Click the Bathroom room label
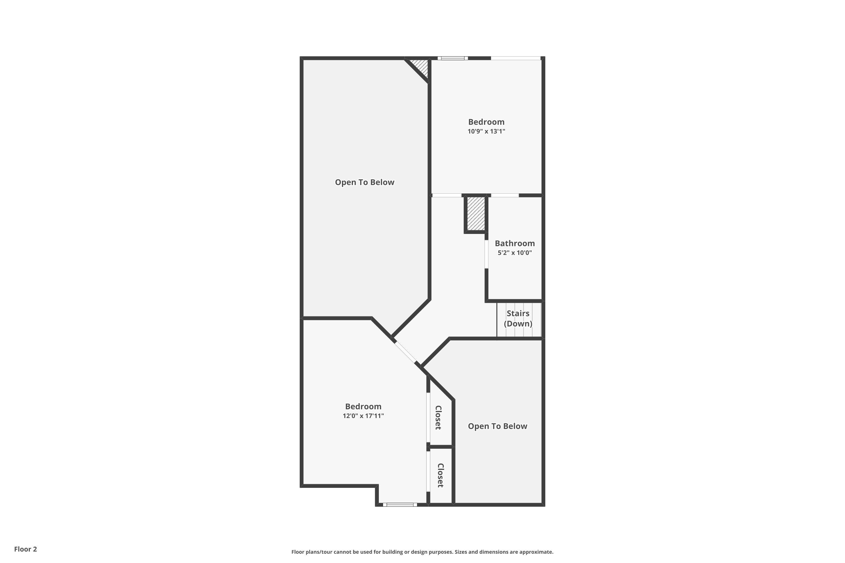point(515,243)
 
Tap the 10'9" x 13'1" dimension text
point(486,131)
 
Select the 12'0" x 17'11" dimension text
point(363,416)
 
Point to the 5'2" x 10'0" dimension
point(515,253)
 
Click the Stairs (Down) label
point(518,318)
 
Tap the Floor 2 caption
point(26,549)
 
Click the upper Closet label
point(438,417)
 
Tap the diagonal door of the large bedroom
point(406,352)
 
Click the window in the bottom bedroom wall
point(400,504)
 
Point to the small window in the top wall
point(452,58)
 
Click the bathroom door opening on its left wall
point(486,254)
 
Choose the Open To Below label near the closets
point(497,426)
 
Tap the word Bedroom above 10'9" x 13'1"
point(486,122)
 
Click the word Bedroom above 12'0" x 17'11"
point(363,406)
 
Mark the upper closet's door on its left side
point(428,417)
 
